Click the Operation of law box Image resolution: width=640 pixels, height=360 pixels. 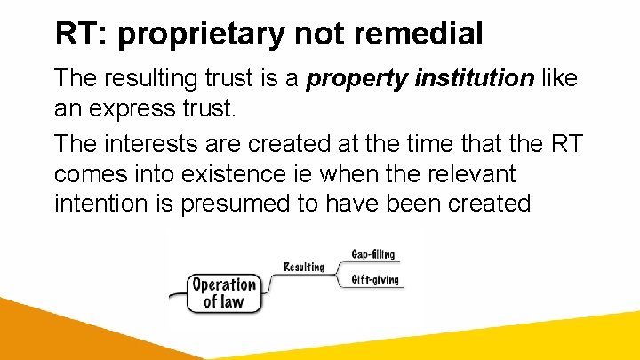[x=224, y=293]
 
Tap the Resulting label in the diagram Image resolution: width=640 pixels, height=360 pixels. [x=303, y=267]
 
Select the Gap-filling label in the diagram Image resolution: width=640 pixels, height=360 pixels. [x=373, y=254]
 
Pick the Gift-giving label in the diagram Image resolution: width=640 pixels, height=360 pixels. [x=373, y=280]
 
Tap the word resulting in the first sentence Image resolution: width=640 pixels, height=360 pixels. [x=148, y=79]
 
